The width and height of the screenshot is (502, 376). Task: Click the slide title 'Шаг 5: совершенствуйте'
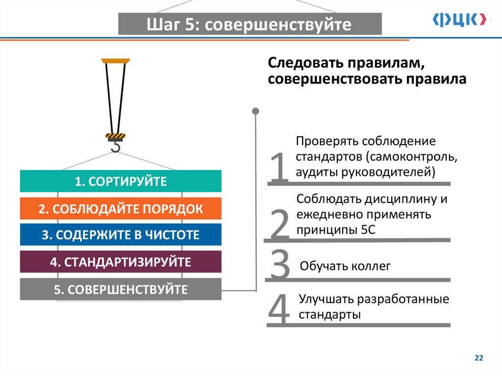click(x=250, y=25)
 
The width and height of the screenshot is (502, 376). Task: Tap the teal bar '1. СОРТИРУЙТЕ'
click(x=121, y=181)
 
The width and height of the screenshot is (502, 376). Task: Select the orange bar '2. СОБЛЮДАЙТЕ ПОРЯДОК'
click(x=121, y=209)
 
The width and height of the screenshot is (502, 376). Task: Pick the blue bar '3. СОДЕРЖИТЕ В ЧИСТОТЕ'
click(x=121, y=235)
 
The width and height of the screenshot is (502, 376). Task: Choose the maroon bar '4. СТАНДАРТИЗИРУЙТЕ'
click(x=121, y=261)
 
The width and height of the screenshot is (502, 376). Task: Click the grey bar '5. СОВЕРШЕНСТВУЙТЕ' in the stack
click(x=121, y=289)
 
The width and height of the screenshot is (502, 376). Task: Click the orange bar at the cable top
click(x=115, y=61)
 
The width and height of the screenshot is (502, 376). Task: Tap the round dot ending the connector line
click(x=255, y=111)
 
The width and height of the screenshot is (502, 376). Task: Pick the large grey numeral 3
click(x=280, y=265)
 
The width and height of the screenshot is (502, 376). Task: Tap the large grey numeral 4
click(x=279, y=310)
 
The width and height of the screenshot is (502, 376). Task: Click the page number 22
click(x=479, y=359)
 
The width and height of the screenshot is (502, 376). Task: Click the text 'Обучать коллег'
click(x=345, y=266)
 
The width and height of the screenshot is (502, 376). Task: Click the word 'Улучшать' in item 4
click(x=326, y=299)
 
